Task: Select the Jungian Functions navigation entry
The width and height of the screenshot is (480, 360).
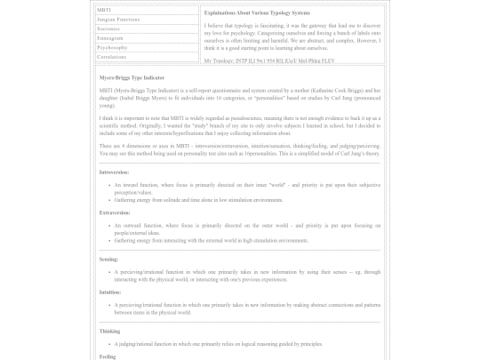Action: pyautogui.click(x=118, y=20)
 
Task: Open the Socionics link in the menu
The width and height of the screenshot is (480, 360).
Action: pyautogui.click(x=108, y=28)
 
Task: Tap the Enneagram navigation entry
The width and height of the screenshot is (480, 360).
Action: pyautogui.click(x=110, y=38)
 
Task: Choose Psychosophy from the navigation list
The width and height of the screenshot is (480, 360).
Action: pyautogui.click(x=112, y=47)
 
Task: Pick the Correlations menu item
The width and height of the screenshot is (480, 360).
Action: pyautogui.click(x=112, y=56)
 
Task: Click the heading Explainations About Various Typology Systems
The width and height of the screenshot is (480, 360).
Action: pyautogui.click(x=257, y=13)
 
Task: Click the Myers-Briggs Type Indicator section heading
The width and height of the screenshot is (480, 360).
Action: pyautogui.click(x=132, y=78)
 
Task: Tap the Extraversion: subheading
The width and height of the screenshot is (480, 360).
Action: pyautogui.click(x=116, y=212)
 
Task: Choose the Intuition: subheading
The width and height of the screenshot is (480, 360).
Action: pyautogui.click(x=111, y=291)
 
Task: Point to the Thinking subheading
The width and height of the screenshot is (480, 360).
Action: pyautogui.click(x=111, y=331)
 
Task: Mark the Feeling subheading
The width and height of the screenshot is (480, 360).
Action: pyautogui.click(x=108, y=356)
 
